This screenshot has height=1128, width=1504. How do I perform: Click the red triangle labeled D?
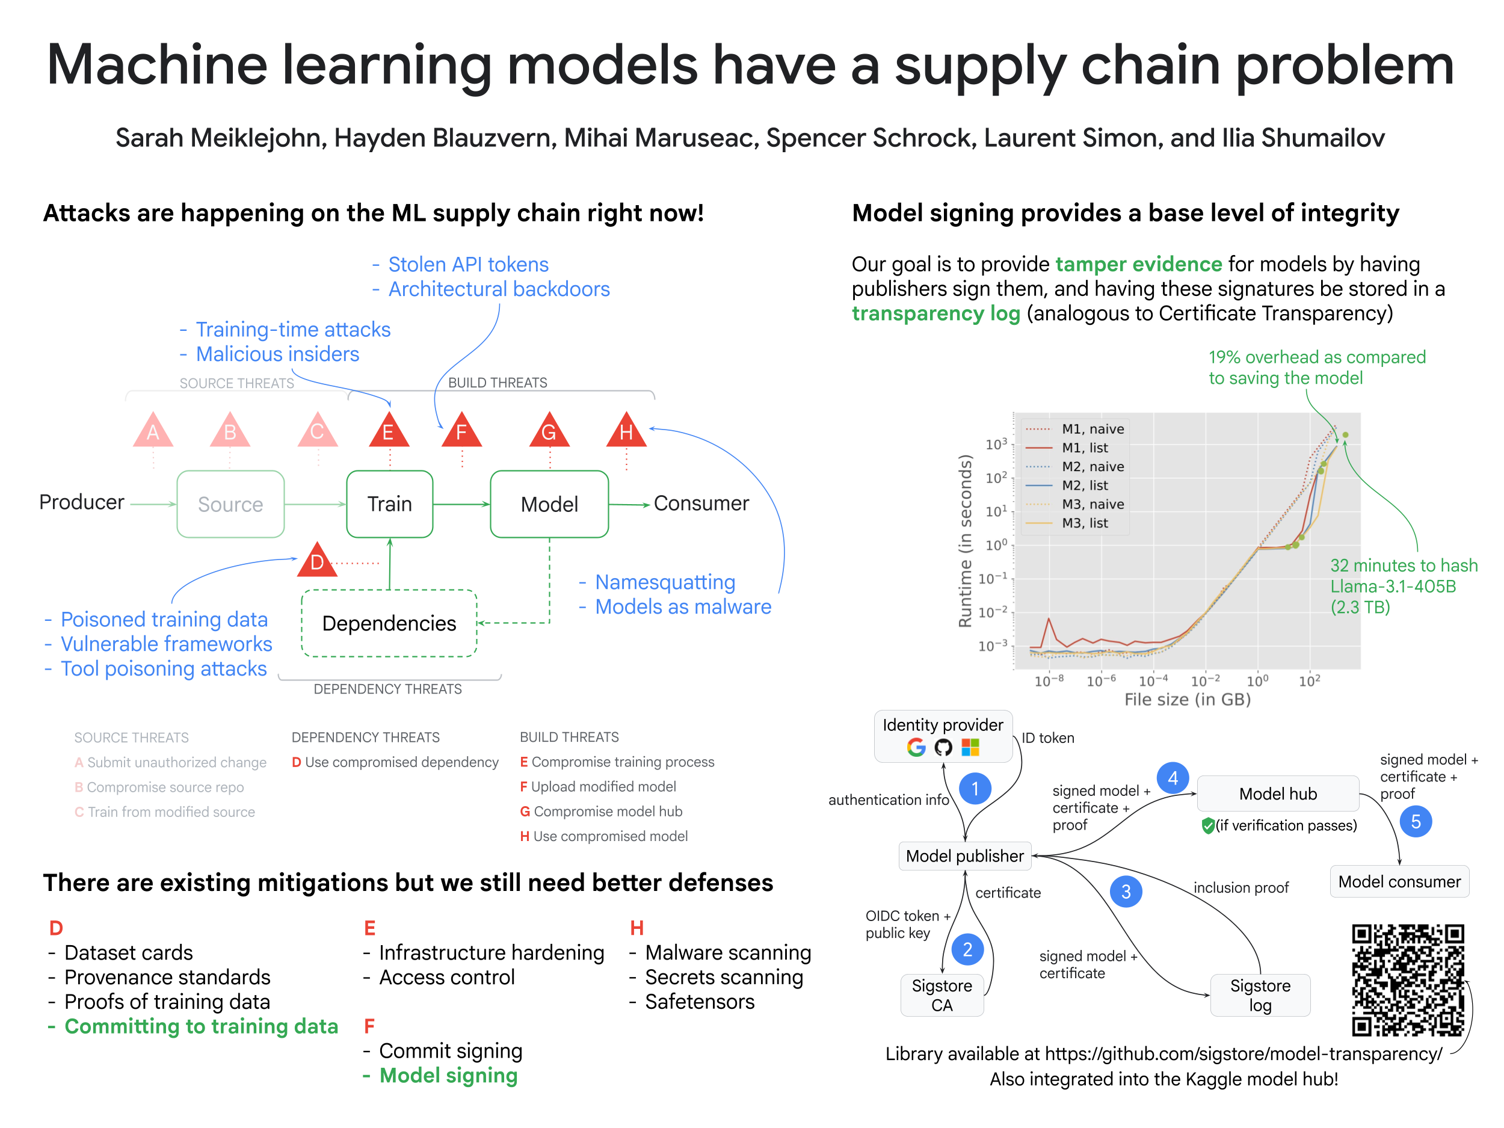317,561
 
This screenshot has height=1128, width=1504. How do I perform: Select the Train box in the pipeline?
390,504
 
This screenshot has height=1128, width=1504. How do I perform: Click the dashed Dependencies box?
389,623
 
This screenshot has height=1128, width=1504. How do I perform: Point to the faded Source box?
230,504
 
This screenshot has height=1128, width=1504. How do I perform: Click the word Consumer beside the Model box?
701,503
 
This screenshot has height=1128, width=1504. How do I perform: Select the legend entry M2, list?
1085,485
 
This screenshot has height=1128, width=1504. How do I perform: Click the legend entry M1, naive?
1093,429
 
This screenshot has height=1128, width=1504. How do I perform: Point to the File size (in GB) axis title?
1187,699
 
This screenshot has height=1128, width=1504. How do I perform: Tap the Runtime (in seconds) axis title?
964,541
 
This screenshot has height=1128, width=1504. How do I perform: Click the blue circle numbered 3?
1126,891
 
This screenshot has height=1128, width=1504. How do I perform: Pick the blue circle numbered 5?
1416,821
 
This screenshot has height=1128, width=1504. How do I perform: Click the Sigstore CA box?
942,994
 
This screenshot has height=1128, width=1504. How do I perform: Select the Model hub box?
1278,794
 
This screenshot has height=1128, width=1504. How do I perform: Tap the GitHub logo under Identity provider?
943,748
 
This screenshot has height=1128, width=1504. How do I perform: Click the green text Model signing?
449,1075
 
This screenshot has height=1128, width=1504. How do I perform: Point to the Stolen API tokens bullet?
468,264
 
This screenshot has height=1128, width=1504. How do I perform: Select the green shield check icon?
1207,825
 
